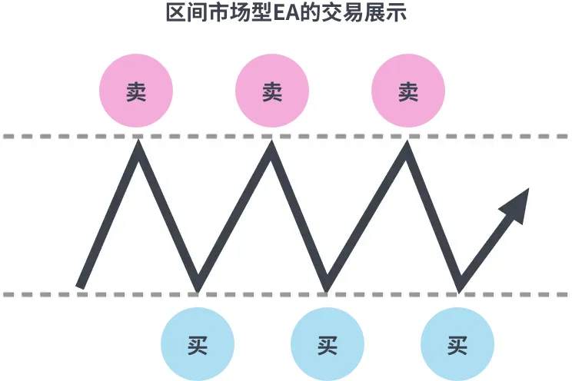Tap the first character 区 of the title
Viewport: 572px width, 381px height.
point(176,13)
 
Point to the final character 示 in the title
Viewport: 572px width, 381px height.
point(397,13)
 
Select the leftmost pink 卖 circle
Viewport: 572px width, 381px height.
point(136,91)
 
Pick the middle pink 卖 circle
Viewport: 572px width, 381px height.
point(272,91)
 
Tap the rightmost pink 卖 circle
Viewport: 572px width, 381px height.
point(408,91)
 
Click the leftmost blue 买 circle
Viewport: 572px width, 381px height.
point(198,344)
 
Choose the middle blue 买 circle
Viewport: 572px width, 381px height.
point(328,344)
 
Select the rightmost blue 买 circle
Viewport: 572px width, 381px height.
point(457,344)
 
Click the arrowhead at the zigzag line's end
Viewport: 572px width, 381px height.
point(517,204)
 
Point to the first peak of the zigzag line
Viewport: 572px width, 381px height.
point(138,141)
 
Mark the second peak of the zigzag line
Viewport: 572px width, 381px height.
point(271,141)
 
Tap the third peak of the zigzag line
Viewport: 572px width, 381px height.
point(407,142)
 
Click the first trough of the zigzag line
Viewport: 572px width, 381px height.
point(198,291)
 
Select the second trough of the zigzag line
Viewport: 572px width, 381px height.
point(327,291)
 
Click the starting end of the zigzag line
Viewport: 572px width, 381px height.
point(80,287)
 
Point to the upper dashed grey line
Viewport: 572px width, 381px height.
point(286,137)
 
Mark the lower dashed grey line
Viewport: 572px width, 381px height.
point(286,294)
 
